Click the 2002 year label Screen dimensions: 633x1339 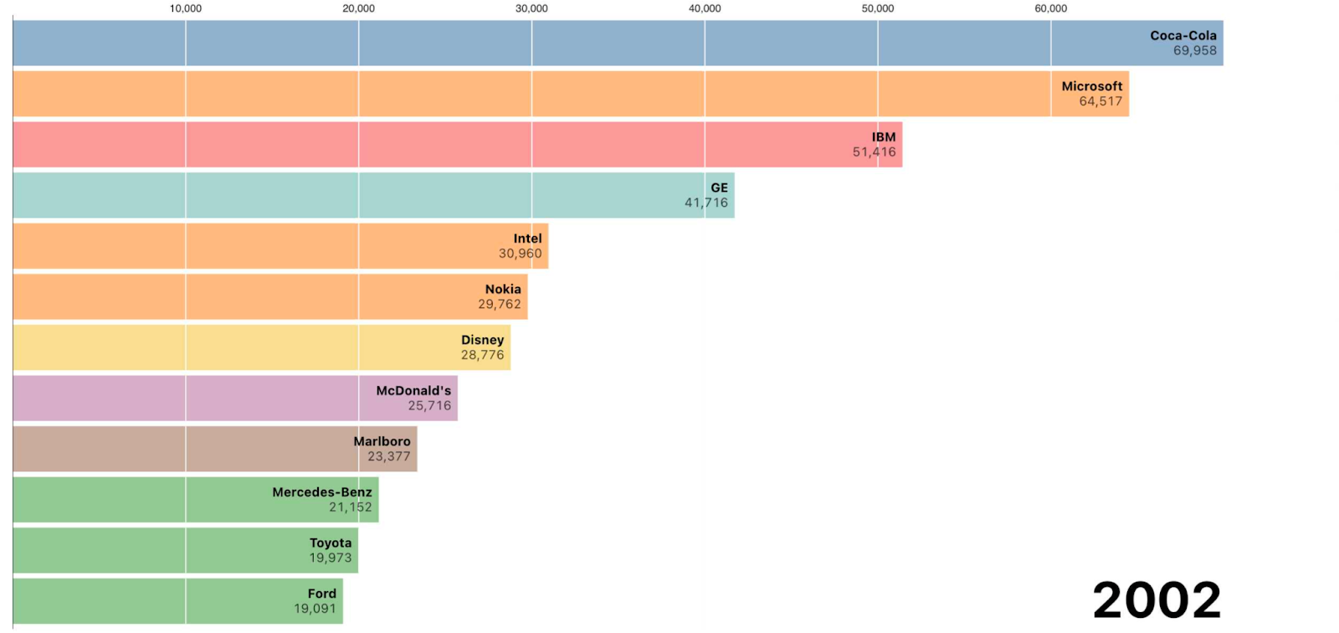click(1157, 600)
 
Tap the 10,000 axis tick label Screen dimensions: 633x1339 click(186, 8)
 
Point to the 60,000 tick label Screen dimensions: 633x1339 click(1050, 8)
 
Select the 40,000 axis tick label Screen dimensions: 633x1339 click(705, 8)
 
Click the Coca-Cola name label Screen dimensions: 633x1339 click(1183, 36)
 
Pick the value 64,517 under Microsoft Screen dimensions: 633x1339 click(1100, 101)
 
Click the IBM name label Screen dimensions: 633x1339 click(884, 137)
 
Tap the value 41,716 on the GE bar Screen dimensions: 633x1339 click(706, 203)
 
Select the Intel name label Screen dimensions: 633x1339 click(527, 239)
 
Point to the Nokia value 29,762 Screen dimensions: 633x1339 click(500, 304)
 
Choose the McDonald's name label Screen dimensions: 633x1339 click(413, 391)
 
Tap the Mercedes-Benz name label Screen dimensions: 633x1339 click(321, 492)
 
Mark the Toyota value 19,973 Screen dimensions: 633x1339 click(331, 558)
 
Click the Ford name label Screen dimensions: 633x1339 click(321, 594)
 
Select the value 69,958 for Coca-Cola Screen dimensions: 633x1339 click(1194, 51)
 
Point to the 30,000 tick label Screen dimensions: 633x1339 click(531, 8)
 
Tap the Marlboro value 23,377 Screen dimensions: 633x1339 click(389, 456)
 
